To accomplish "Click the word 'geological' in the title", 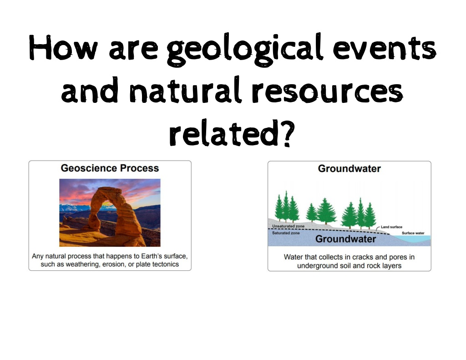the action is [244, 50].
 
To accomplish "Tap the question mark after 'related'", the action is [287, 133].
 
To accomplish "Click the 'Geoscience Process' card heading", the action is [110, 168].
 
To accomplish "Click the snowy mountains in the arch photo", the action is [74, 208].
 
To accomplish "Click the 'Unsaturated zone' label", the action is [288, 226].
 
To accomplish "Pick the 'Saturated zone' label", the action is [286, 233].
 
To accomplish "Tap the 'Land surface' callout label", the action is [391, 227].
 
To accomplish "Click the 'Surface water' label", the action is [413, 233].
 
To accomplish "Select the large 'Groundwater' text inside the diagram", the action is [345, 239].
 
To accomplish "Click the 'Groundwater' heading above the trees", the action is [349, 169].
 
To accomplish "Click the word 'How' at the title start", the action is [63, 48].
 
